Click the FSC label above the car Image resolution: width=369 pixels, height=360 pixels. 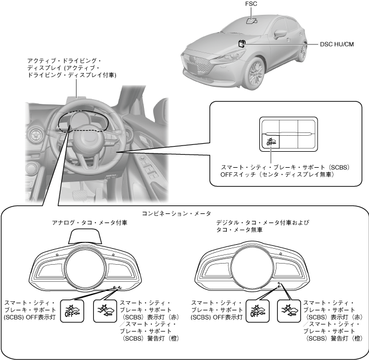click(x=251, y=5)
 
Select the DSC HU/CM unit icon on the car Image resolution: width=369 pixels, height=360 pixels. click(x=242, y=43)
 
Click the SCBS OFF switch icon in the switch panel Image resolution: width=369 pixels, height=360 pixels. click(x=271, y=141)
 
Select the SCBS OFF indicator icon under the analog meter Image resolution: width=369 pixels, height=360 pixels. click(x=72, y=309)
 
